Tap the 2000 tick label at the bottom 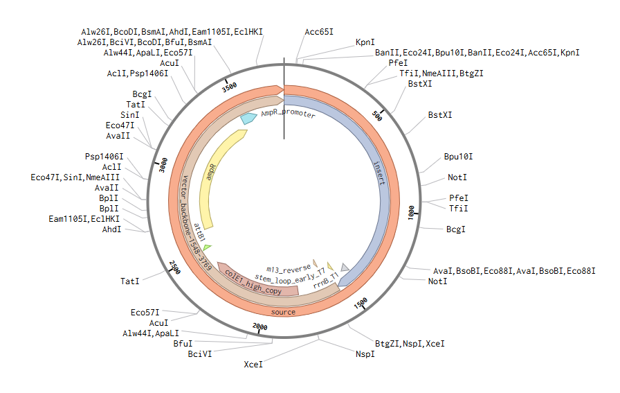(259, 326)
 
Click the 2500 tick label (175, 267)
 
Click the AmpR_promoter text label (288, 114)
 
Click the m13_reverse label (289, 267)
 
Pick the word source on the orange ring (282, 312)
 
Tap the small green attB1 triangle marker (207, 247)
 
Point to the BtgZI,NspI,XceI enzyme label (410, 343)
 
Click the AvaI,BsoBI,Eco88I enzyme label (513, 270)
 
